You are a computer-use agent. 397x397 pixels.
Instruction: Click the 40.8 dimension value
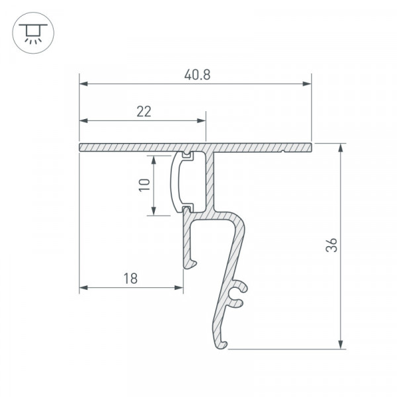(x=197, y=75)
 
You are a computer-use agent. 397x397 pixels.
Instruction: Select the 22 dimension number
(x=144, y=112)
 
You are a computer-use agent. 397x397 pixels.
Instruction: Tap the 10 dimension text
(x=145, y=185)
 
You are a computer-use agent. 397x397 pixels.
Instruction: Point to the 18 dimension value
(x=130, y=279)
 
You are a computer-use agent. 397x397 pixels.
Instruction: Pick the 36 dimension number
(x=331, y=245)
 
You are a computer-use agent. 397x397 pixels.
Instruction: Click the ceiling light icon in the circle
(x=33, y=34)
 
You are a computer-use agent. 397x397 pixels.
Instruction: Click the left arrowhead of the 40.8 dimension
(x=83, y=84)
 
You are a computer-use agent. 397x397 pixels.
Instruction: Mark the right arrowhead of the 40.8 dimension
(x=307, y=84)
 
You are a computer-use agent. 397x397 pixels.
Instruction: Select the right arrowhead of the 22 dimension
(x=202, y=120)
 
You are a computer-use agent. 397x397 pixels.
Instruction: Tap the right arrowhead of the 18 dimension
(x=179, y=288)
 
